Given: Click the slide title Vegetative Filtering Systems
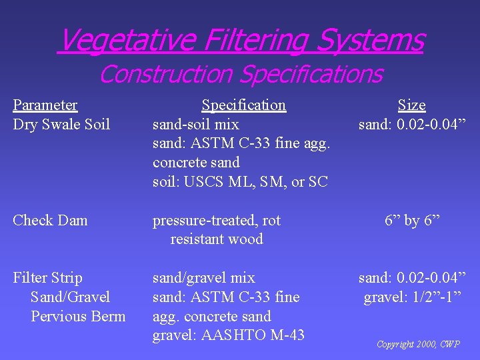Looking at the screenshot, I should [x=240, y=40].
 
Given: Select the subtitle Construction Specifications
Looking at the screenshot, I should [x=240, y=73].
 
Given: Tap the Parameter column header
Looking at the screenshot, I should [x=45, y=105].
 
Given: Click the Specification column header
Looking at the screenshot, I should [x=243, y=105].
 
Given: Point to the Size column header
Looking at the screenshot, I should [x=411, y=105].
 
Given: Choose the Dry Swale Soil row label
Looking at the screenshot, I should [x=61, y=125].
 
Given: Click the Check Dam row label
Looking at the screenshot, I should [x=50, y=221].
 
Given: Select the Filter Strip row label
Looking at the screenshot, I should [x=47, y=278].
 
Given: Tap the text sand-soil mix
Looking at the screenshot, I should [x=195, y=125].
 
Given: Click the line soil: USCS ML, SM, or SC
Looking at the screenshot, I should [x=240, y=181].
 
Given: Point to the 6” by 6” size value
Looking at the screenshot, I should [x=411, y=221].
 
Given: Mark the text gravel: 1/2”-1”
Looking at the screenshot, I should [x=411, y=297].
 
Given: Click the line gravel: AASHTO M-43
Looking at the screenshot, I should [x=228, y=335].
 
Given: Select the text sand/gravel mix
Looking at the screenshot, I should [x=203, y=278].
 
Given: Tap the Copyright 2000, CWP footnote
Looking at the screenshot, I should [x=418, y=345].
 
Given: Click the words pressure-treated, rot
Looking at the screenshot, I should [x=217, y=221].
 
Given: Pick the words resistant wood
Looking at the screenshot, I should [x=217, y=239].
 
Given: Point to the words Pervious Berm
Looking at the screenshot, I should [x=78, y=316].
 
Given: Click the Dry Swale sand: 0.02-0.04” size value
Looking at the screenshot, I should [x=411, y=125].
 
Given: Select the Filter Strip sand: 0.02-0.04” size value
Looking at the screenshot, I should [x=411, y=278].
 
